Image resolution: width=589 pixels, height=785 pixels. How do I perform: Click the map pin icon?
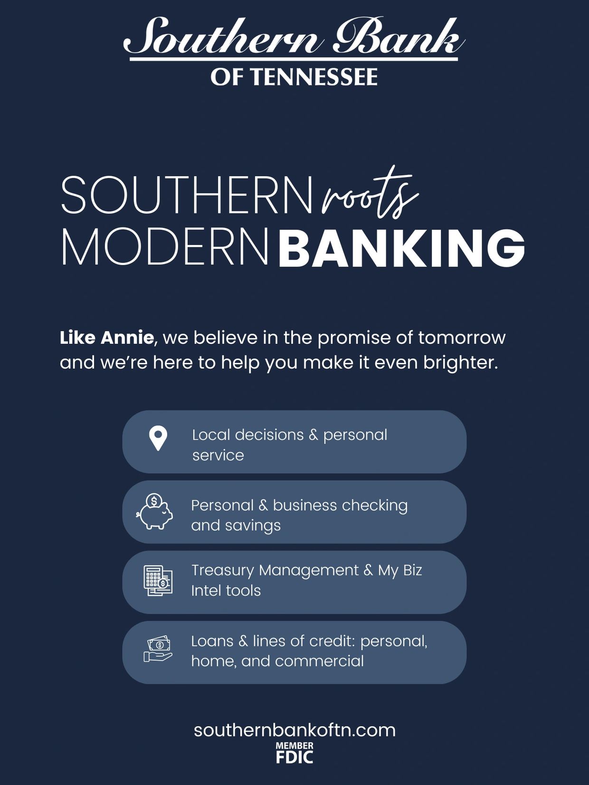pyautogui.click(x=158, y=438)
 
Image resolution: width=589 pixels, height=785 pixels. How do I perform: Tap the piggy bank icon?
pyautogui.click(x=154, y=511)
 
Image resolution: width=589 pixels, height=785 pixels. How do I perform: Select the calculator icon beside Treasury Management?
pyautogui.click(x=158, y=581)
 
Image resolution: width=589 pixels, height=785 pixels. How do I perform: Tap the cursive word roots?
pyautogui.click(x=370, y=193)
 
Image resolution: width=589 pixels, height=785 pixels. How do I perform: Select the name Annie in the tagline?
pyautogui.click(x=127, y=338)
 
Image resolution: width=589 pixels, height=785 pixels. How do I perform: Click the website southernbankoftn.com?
pyautogui.click(x=294, y=730)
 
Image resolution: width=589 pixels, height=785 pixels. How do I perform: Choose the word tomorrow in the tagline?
pyautogui.click(x=462, y=338)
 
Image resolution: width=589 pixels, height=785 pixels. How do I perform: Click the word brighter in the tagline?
pyautogui.click(x=461, y=363)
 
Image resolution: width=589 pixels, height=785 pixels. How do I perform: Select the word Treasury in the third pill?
pyautogui.click(x=222, y=571)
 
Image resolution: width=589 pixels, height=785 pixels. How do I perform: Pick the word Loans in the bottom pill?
pyautogui.click(x=212, y=641)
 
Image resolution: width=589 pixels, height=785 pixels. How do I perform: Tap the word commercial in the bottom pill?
pyautogui.click(x=319, y=661)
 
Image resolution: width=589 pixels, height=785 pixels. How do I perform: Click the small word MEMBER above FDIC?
pyautogui.click(x=294, y=746)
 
